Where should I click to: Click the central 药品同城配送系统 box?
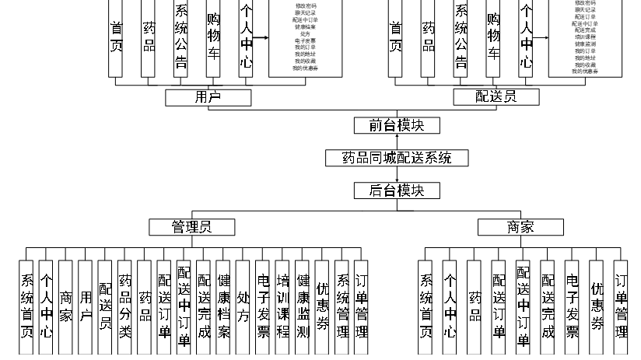tap(397, 158)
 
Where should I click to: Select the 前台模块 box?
tap(397, 125)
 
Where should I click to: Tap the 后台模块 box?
tap(397, 190)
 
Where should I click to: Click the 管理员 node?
tap(191, 226)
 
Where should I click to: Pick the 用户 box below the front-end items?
tap(208, 97)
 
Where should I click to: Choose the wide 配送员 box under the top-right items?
tap(496, 97)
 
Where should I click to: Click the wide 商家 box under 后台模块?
tap(520, 226)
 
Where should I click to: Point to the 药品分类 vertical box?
tap(124, 307)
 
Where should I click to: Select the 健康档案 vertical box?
tap(223, 307)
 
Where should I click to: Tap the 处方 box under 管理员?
tap(243, 307)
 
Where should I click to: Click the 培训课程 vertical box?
tap(282, 307)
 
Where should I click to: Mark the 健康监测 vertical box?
tap(303, 307)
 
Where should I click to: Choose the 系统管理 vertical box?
tap(342, 307)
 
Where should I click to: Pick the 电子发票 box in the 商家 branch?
tap(572, 307)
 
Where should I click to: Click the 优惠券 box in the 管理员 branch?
tap(322, 307)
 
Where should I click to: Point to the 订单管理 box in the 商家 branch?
tap(620, 307)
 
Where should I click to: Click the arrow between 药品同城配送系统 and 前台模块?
tap(397, 142)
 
